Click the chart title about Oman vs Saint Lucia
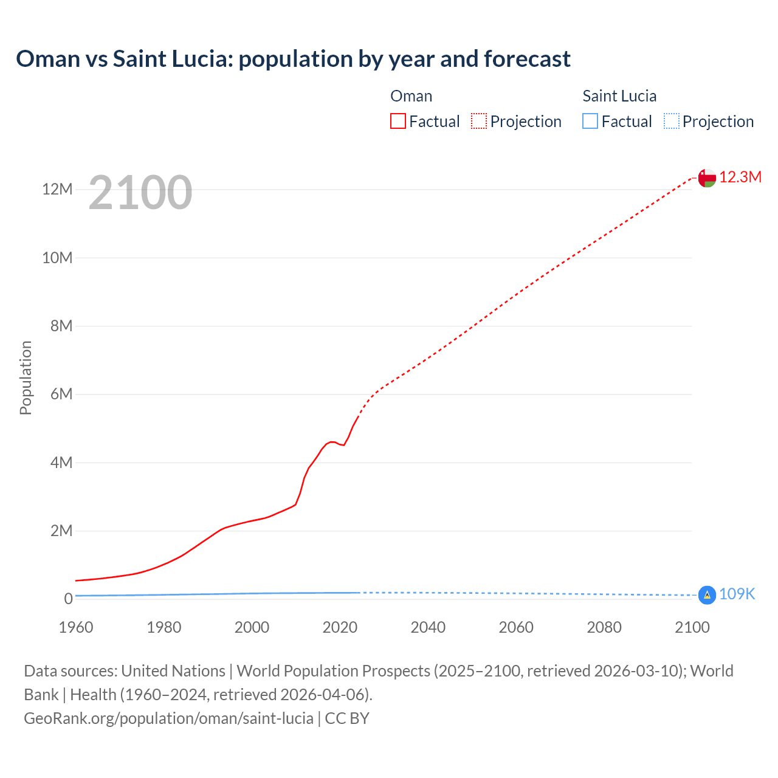pyautogui.click(x=293, y=59)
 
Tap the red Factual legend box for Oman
pyautogui.click(x=398, y=122)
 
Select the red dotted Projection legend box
pyautogui.click(x=479, y=122)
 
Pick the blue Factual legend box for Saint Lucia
pyautogui.click(x=590, y=122)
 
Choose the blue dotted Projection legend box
pyautogui.click(x=671, y=122)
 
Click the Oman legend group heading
pyautogui.click(x=411, y=96)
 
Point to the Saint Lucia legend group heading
pyautogui.click(x=619, y=96)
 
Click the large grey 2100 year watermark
pyautogui.click(x=140, y=193)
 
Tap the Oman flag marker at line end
pyautogui.click(x=707, y=177)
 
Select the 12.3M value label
pyautogui.click(x=740, y=177)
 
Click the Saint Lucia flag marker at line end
pyautogui.click(x=707, y=595)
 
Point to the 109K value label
pyautogui.click(x=737, y=594)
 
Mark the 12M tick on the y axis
pyautogui.click(x=57, y=190)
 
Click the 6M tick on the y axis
pyautogui.click(x=61, y=394)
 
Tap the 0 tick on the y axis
pyautogui.click(x=68, y=599)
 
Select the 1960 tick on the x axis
pyautogui.click(x=76, y=628)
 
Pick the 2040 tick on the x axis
pyautogui.click(x=428, y=628)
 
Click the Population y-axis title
pyautogui.click(x=26, y=377)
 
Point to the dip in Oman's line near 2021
pyautogui.click(x=343, y=445)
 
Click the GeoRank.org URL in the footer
pyautogui.click(x=168, y=718)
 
